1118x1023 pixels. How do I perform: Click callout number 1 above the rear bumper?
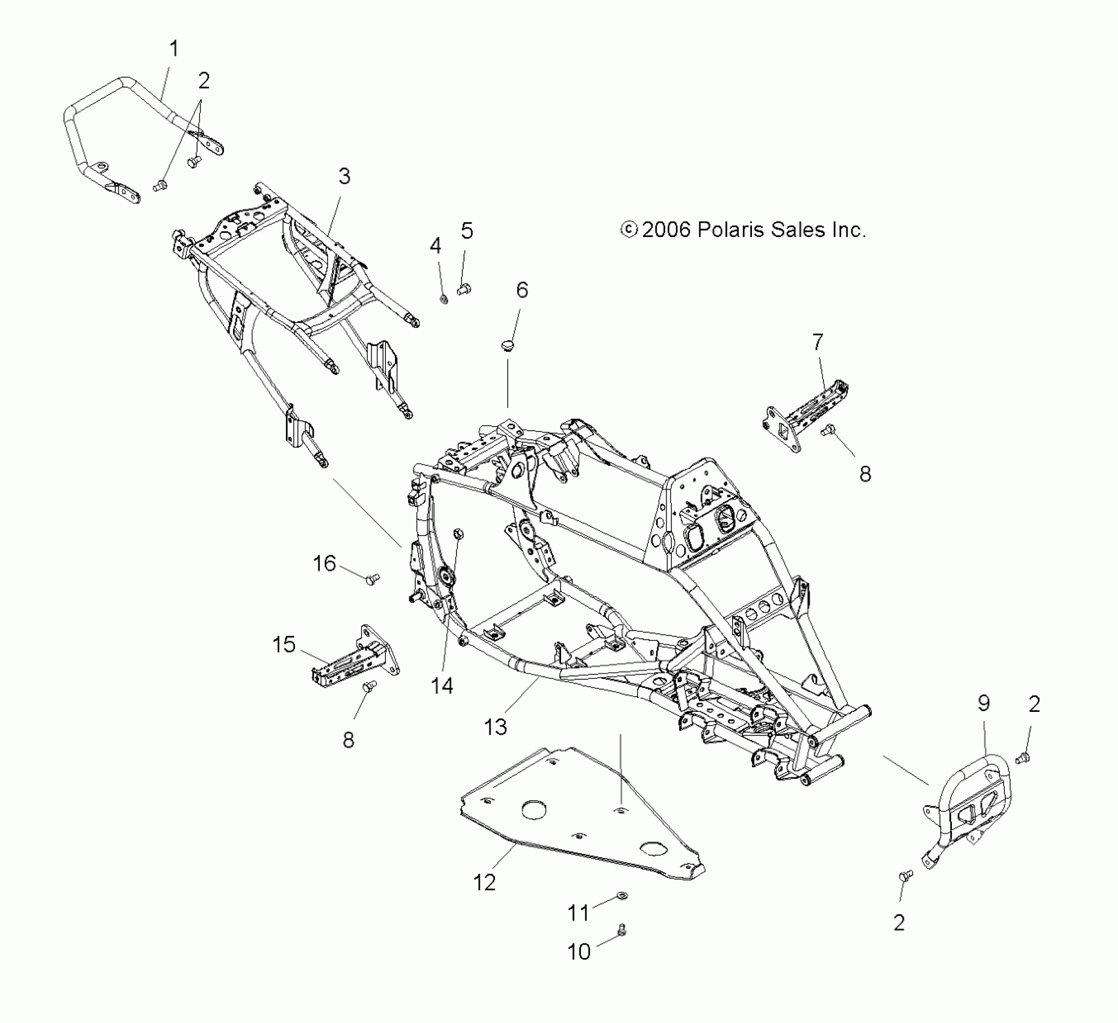tap(174, 49)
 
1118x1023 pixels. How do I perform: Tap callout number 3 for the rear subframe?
tap(344, 176)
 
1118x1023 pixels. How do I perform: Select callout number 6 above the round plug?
tap(522, 290)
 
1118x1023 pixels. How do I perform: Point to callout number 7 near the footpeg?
tap(817, 342)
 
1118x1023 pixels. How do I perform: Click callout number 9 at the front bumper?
tap(984, 703)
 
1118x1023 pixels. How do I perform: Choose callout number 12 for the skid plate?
tap(485, 883)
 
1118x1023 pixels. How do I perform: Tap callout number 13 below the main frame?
tap(495, 727)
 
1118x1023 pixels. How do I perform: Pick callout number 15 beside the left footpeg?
tap(284, 644)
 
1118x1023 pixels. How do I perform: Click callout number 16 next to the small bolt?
tap(325, 564)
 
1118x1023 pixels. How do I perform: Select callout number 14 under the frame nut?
tap(442, 685)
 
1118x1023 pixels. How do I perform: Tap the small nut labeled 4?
tap(444, 298)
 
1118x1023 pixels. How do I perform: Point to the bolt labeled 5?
tap(464, 291)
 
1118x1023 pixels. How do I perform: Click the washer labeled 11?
tap(621, 898)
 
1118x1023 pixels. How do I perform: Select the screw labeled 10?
tap(621, 931)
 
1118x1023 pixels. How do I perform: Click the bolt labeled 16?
tap(372, 579)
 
